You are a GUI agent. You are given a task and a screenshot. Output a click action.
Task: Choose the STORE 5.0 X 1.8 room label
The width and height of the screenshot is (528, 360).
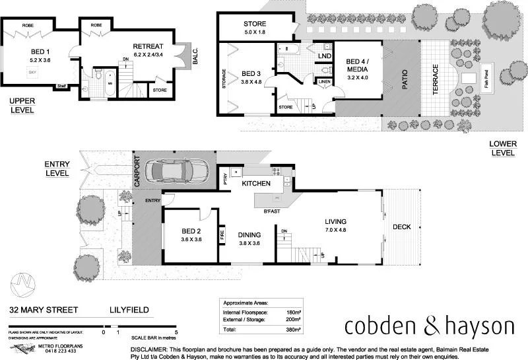tap(254, 28)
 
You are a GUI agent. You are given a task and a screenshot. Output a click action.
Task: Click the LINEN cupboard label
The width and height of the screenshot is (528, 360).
tap(325, 82)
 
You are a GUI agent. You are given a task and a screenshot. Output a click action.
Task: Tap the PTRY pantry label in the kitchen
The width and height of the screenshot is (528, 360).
tap(224, 178)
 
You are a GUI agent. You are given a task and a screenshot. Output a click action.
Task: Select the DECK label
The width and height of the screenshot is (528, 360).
tap(401, 227)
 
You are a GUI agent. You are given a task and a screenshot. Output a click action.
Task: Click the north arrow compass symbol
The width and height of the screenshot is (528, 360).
tap(25, 282)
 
